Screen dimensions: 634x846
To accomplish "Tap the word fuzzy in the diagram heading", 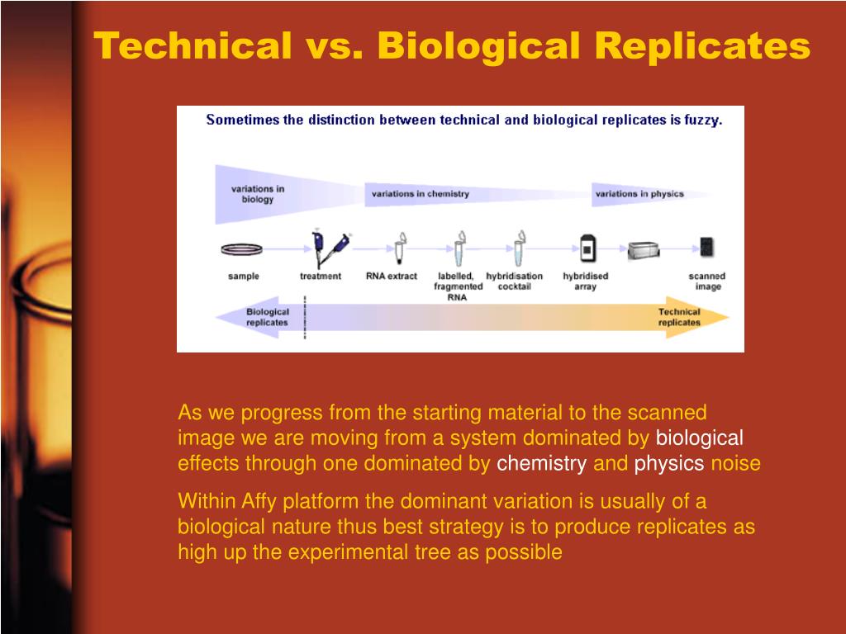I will (702, 120).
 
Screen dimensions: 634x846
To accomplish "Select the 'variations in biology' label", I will (257, 194).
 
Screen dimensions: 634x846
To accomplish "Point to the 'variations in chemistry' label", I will (420, 194).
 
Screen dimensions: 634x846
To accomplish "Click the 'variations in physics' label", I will (639, 194).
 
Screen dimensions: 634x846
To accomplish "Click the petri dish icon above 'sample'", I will (243, 248).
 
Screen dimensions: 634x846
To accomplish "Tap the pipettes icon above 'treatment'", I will (328, 247).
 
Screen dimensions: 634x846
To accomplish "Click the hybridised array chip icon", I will (587, 248).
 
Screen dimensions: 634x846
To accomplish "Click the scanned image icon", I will (706, 247).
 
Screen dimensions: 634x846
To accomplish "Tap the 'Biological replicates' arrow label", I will (268, 317).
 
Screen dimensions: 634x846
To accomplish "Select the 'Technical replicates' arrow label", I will (678, 317).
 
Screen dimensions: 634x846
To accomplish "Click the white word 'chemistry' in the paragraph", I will (541, 464).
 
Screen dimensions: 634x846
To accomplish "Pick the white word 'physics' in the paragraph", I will (669, 464).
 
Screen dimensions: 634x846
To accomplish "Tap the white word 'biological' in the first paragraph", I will (700, 438).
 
